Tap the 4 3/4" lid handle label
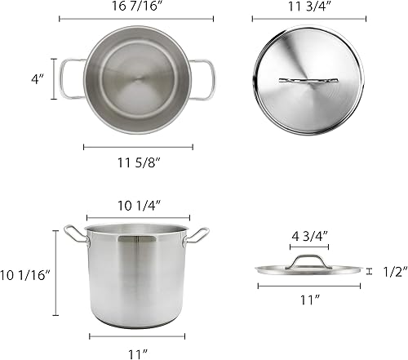[x=308, y=237]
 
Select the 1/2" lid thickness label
[x=393, y=272]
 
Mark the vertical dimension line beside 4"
[x=55, y=79]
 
